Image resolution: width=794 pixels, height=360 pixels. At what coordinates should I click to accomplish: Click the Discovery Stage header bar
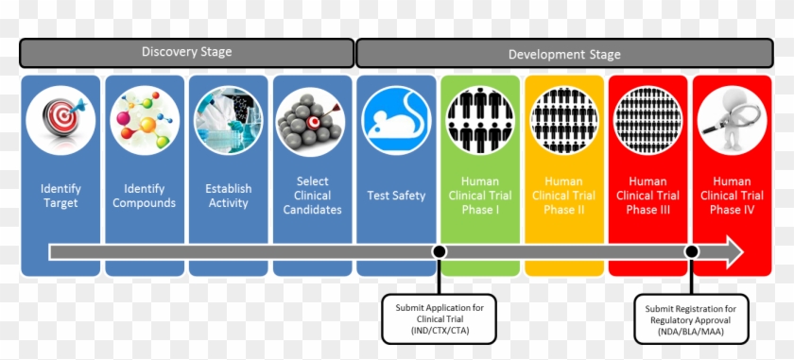pos(187,53)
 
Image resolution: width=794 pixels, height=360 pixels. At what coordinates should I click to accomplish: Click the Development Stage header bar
pos(563,53)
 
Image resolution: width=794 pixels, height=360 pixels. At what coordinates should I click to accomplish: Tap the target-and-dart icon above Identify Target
pos(60,120)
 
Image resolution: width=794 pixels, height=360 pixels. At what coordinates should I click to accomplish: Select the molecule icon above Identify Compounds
pos(145,120)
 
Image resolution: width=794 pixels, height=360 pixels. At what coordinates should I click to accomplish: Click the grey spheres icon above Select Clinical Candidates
pos(312,120)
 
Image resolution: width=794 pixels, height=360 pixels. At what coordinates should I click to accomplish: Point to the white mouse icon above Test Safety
pos(396,120)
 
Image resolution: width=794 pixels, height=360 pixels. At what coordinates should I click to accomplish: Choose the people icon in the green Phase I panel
pos(480,120)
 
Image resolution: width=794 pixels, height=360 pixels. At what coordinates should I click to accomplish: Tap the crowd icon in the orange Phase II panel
pos(564,120)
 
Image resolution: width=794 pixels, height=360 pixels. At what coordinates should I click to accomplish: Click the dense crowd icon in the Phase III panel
pos(647,120)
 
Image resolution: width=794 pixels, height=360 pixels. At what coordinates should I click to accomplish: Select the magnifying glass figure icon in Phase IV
pos(732,120)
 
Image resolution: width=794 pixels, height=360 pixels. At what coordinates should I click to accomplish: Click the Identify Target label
pos(60,196)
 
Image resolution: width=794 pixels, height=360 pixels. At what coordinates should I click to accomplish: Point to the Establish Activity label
pos(229,196)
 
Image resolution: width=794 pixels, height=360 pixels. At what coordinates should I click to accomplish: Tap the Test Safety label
pos(396,196)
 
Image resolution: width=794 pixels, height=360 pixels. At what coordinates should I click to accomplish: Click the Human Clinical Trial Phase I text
pos(480,196)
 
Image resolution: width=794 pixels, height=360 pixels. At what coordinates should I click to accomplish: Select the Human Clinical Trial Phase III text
pos(647,196)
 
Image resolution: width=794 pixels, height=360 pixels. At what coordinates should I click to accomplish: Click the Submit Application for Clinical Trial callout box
pos(439,318)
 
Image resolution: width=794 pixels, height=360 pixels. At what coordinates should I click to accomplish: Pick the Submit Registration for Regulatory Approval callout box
pos(691,318)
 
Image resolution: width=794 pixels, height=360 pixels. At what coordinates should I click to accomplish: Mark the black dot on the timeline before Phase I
pos(439,251)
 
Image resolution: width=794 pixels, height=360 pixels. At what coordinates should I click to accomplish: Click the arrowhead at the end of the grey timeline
pos(732,251)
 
